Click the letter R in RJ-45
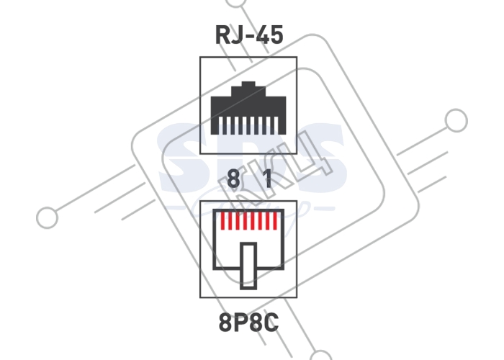[222, 35]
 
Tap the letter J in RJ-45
[236, 35]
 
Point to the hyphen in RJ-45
[249, 36]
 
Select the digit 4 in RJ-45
[261, 35]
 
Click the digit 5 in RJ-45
[276, 35]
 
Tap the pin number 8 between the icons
[233, 179]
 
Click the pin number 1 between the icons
[267, 179]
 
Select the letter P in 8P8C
[240, 323]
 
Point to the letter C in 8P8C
[272, 323]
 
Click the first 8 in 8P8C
[225, 323]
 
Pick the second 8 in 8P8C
[256, 323]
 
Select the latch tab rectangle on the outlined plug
[248, 266]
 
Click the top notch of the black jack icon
[248, 84]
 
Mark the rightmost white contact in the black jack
[276, 125]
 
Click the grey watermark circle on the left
[48, 217]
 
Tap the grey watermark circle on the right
[456, 120]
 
